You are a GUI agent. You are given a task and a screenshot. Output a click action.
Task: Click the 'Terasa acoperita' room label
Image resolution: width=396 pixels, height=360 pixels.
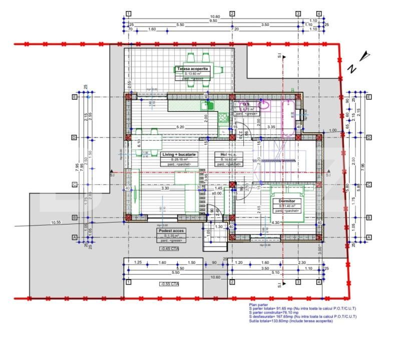pos(192,68)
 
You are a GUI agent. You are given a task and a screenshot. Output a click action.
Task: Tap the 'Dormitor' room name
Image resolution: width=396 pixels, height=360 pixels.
pos(283,201)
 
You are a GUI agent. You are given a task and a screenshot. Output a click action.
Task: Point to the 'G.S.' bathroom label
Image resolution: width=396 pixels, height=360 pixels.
pos(246,104)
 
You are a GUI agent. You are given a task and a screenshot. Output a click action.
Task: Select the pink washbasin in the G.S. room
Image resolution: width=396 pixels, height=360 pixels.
pos(263,105)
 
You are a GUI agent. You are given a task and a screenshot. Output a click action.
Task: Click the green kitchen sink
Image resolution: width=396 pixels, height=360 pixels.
pos(207,105)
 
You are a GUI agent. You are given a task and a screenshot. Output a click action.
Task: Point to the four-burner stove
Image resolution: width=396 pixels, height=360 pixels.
pos(223,118)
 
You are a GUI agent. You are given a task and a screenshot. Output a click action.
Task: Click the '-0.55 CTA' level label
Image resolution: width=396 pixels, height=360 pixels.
pos(169,284)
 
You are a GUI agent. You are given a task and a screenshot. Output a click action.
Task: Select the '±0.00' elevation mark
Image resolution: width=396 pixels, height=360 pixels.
pos(217,193)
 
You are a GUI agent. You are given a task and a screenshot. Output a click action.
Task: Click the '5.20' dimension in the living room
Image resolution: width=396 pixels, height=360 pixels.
pos(181,127)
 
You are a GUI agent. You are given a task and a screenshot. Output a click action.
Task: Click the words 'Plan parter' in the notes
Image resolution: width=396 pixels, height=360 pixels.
pos(259,304)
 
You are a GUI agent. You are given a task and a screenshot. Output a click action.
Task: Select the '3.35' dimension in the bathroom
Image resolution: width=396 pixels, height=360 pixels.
pos(271,127)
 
